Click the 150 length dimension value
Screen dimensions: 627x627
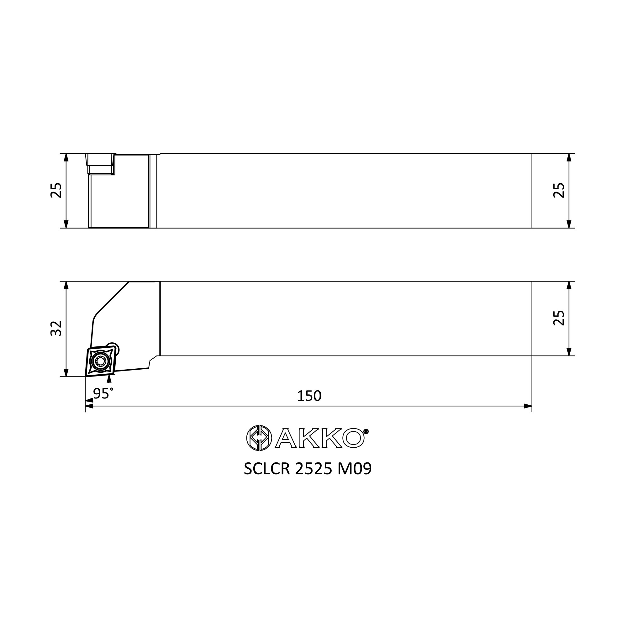pyautogui.click(x=309, y=396)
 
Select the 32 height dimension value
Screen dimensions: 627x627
pyautogui.click(x=56, y=328)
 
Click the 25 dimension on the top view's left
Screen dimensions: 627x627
pyautogui.click(x=56, y=190)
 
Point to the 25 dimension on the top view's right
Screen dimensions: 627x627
pyautogui.click(x=559, y=190)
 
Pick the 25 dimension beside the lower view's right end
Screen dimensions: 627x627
pyautogui.click(x=559, y=318)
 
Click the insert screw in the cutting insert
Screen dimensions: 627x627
pyautogui.click(x=101, y=361)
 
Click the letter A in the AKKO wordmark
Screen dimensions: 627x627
pyautogui.click(x=286, y=439)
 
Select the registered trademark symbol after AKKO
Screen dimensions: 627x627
pyautogui.click(x=366, y=431)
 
